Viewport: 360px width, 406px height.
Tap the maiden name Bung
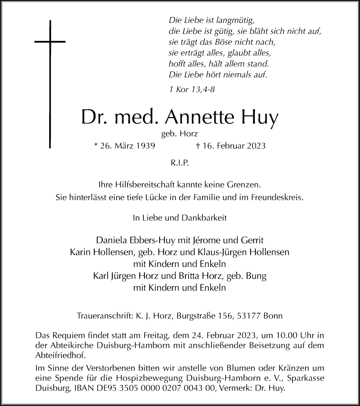coord(258,277)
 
